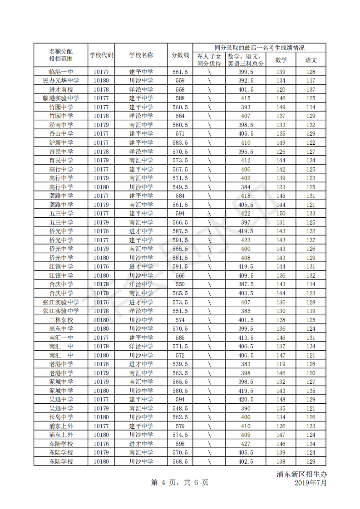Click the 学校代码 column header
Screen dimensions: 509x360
[101, 55]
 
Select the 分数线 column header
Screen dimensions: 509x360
[180, 55]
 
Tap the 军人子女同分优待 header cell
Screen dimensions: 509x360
[209, 60]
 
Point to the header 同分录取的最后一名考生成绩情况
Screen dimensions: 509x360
[259, 48]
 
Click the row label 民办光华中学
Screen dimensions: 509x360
[61, 81]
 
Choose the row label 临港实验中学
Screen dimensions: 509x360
[61, 98]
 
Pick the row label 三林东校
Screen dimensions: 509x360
[61, 320]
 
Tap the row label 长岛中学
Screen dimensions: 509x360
[61, 417]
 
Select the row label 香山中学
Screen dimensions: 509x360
[61, 134]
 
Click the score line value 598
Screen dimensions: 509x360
[180, 444]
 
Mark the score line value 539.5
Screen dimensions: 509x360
[180, 364]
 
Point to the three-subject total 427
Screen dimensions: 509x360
[246, 444]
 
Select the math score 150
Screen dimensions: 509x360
[281, 214]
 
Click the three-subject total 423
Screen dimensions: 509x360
[246, 240]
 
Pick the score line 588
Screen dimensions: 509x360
[180, 98]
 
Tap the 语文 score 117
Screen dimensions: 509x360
[311, 81]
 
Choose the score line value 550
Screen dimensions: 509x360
[180, 284]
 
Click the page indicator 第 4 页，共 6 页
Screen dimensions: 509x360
[180, 483]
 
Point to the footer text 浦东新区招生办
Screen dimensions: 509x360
[301, 475]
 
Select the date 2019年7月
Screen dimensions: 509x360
[311, 483]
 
